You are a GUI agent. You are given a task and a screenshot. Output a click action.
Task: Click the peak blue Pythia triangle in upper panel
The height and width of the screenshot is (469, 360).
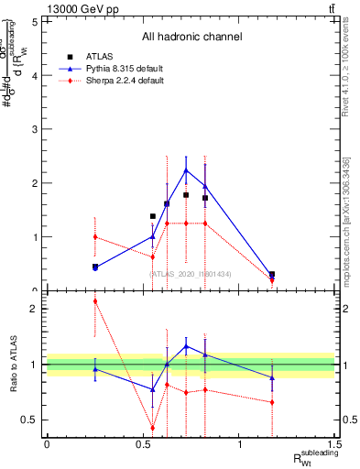click(186, 170)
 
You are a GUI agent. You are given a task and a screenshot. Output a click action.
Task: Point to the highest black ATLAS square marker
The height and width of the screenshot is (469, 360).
click(186, 195)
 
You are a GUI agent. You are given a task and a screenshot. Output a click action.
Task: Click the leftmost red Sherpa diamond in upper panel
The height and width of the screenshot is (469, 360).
click(95, 236)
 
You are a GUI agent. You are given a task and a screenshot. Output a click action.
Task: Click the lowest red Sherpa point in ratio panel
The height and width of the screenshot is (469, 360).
click(153, 428)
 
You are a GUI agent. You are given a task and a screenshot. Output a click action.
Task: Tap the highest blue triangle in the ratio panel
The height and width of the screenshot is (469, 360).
click(186, 346)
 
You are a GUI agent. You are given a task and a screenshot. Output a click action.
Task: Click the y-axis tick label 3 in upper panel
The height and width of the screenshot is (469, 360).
click(35, 129)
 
